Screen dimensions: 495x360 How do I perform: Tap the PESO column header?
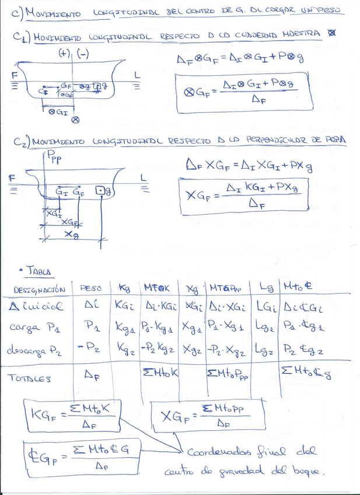pos(90,288)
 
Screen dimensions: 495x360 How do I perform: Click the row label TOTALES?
pos(32,378)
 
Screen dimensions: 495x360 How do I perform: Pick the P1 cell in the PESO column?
pos(90,325)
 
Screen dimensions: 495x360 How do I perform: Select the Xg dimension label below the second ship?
pos(72,235)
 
